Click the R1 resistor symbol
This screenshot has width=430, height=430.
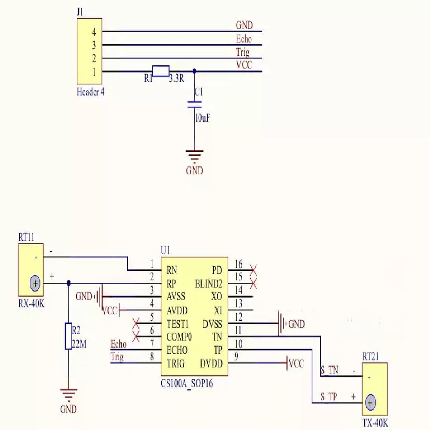[x=161, y=71]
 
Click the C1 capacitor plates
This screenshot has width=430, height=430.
[x=194, y=104]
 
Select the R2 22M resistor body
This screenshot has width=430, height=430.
[x=68, y=336]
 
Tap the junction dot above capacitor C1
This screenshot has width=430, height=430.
[x=194, y=71]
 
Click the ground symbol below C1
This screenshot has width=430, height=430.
[x=194, y=156]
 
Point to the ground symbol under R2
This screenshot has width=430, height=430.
[x=68, y=395]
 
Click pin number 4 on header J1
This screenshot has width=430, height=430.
[x=94, y=32]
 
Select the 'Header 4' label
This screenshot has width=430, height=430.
[x=90, y=92]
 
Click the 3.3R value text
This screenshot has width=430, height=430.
[x=176, y=78]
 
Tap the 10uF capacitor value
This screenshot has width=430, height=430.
[x=203, y=118]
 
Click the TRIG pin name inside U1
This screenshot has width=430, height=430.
[x=176, y=364]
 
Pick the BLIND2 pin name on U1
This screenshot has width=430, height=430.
[x=209, y=283]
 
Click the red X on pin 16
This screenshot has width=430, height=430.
[x=253, y=270]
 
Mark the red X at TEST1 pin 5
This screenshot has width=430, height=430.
[x=136, y=323]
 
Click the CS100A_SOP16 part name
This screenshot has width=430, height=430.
[x=187, y=384]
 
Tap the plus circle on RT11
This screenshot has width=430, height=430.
[x=35, y=283]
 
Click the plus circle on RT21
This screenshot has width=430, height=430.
[x=370, y=402]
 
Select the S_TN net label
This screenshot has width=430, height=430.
[x=329, y=370]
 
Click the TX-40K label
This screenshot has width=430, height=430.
[x=375, y=423]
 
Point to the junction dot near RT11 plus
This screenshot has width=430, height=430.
[x=68, y=283]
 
